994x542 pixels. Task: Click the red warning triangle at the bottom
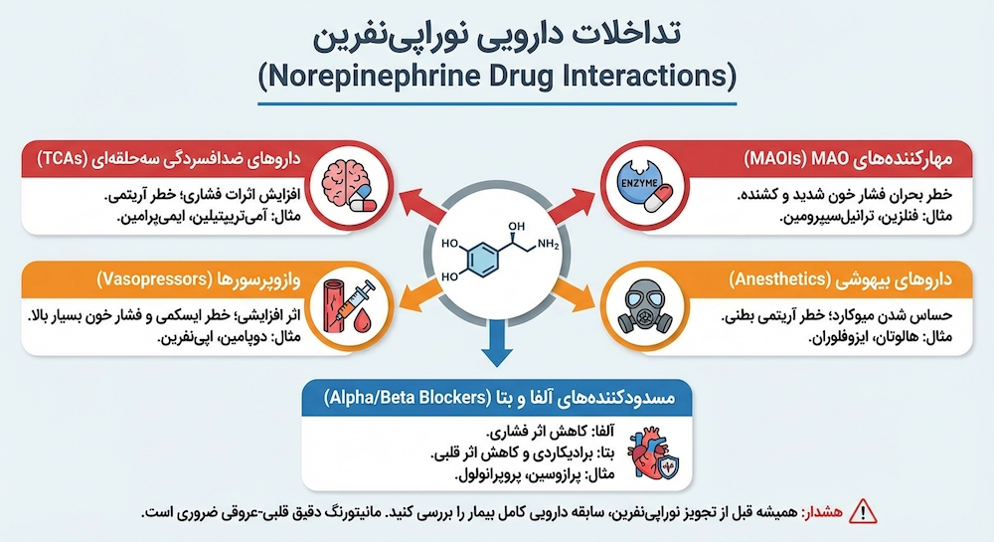coord(867,513)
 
